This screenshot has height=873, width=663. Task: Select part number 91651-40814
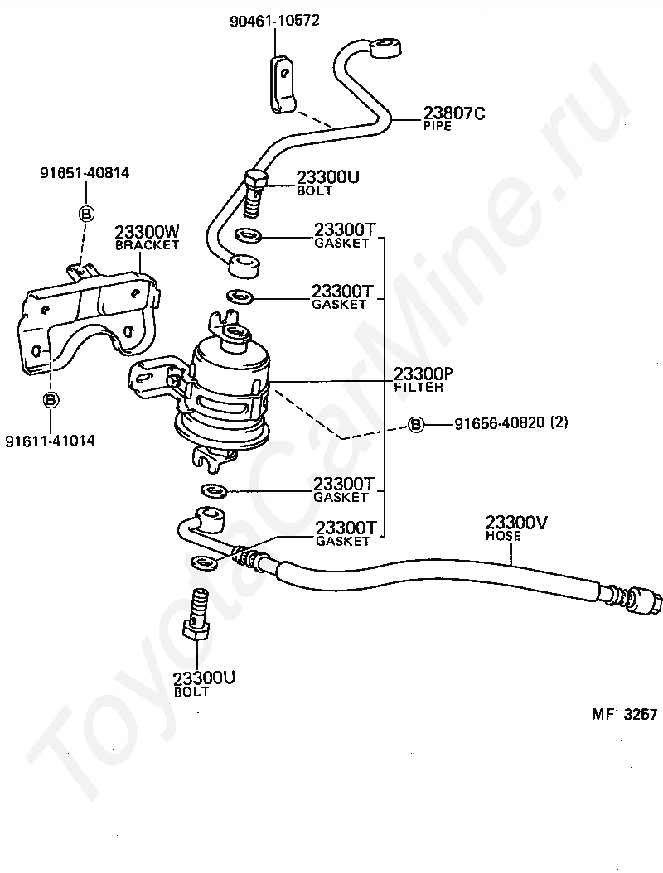point(85,173)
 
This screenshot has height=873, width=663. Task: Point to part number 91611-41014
point(50,441)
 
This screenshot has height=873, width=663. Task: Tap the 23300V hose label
point(515,526)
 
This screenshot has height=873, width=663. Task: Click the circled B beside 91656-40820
point(416,424)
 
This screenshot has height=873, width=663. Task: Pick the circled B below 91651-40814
point(85,214)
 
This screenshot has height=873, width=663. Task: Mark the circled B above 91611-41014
point(51,399)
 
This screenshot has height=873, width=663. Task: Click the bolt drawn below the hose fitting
point(198,617)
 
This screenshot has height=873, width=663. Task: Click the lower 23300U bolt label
point(204,682)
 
